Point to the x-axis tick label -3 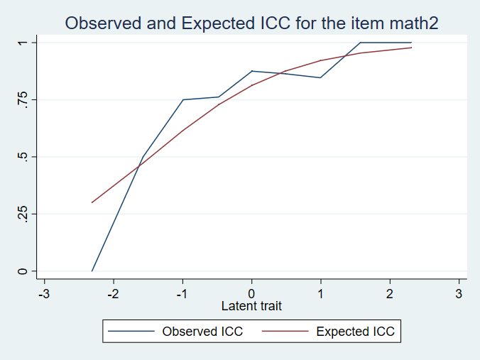click(43, 293)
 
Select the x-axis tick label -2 click(112, 293)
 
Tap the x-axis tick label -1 click(182, 293)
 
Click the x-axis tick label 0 click(251, 293)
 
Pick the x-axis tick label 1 click(320, 293)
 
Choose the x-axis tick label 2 click(390, 293)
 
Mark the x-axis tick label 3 click(459, 293)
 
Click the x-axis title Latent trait click(251, 306)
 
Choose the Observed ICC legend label click(202, 331)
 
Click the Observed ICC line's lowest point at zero click(92, 271)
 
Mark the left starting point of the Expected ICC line click(92, 202)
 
